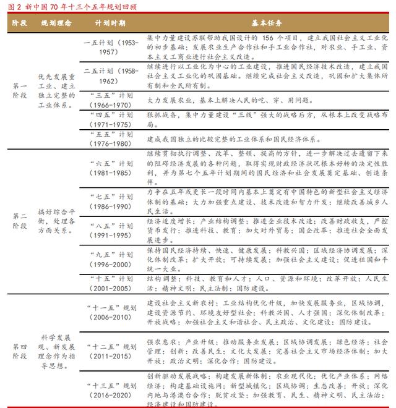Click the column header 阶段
click(19, 23)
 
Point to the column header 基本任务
click(267, 23)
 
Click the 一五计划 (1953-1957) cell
click(111, 48)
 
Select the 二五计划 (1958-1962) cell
click(111, 76)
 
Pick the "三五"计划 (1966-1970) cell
click(111, 100)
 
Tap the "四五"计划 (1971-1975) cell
click(111, 119)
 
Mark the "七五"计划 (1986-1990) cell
click(111, 201)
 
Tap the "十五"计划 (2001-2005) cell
click(111, 283)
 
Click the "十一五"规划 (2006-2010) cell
click(111, 312)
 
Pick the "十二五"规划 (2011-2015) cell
click(111, 351)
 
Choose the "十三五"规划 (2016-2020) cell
click(111, 388)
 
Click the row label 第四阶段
click(19, 352)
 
